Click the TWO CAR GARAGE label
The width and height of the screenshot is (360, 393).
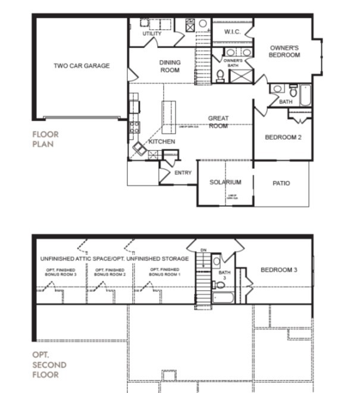[82, 66]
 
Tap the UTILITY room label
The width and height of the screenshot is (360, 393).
[152, 34]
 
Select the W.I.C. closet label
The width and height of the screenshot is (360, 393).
[232, 32]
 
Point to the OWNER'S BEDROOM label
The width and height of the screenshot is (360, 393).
[284, 51]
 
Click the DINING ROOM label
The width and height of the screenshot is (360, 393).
[170, 66]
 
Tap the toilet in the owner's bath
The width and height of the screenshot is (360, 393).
[220, 75]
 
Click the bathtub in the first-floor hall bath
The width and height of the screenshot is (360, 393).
[305, 96]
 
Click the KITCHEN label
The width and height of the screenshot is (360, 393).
[161, 142]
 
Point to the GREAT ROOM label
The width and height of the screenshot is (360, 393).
[218, 122]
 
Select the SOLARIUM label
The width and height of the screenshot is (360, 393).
[226, 183]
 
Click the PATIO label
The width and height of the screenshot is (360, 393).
[281, 183]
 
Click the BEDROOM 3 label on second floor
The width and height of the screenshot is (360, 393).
[278, 271]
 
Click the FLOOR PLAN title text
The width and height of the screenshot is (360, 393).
[45, 139]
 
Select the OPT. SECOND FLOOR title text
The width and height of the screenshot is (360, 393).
[49, 364]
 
